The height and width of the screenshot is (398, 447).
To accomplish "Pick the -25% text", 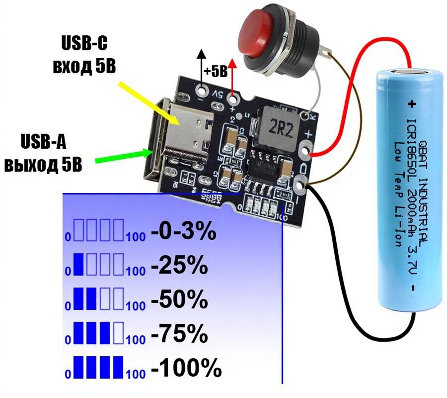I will point(178,267).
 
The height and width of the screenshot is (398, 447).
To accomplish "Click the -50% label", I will point(179,300).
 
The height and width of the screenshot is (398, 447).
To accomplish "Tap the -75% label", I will point(178,334).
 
